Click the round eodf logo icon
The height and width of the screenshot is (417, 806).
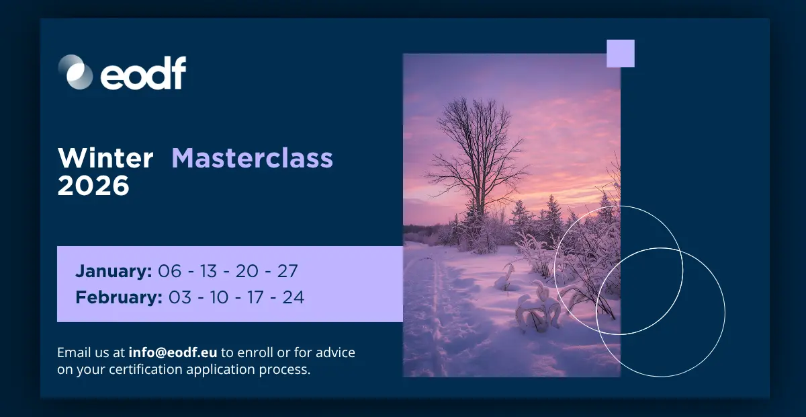[x=75, y=72]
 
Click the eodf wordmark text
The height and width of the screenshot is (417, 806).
[x=143, y=73]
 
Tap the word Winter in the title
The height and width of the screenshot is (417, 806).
[x=105, y=158]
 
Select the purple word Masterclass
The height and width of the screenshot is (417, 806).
[x=253, y=158]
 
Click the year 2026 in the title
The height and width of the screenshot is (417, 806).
[x=93, y=186]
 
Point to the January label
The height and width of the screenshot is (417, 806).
[x=114, y=271]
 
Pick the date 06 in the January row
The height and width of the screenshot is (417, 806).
[x=169, y=271]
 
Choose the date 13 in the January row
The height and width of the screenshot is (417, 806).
[x=208, y=271]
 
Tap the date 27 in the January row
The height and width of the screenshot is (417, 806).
[x=287, y=271]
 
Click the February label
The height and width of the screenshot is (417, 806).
[x=119, y=297]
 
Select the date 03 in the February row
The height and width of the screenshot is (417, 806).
[x=180, y=297]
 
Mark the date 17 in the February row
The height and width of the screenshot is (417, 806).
[x=255, y=297]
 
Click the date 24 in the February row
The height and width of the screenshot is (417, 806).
[x=294, y=297]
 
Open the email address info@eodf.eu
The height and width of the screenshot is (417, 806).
[x=173, y=352]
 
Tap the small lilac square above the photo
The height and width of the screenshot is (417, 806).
[x=621, y=53]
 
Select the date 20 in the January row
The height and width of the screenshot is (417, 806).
[x=247, y=271]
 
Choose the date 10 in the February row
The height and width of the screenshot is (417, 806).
[x=219, y=297]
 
